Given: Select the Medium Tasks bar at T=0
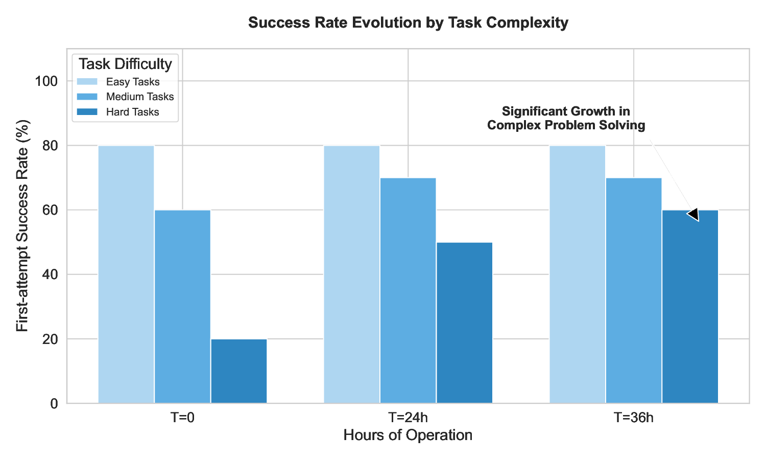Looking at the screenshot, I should [x=182, y=307].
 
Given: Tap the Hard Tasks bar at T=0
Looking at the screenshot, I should [x=239, y=371].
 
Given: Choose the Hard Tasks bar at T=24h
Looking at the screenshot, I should [x=464, y=323].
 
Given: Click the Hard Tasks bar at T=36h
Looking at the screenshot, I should [x=690, y=307].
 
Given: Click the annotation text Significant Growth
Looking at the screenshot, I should [x=566, y=111].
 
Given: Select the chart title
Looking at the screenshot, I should [x=408, y=23].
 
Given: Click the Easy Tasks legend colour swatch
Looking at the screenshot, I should [x=87, y=82].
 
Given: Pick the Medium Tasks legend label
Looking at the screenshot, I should [x=140, y=97].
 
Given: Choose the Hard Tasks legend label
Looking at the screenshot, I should [x=133, y=112].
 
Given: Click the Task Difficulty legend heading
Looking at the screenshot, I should [x=126, y=64].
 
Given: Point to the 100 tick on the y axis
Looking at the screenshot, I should [x=46, y=81].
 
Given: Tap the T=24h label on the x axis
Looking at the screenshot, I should [x=408, y=418].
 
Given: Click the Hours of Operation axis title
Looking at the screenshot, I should [x=408, y=435].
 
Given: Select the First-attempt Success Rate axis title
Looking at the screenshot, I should [x=22, y=225].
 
